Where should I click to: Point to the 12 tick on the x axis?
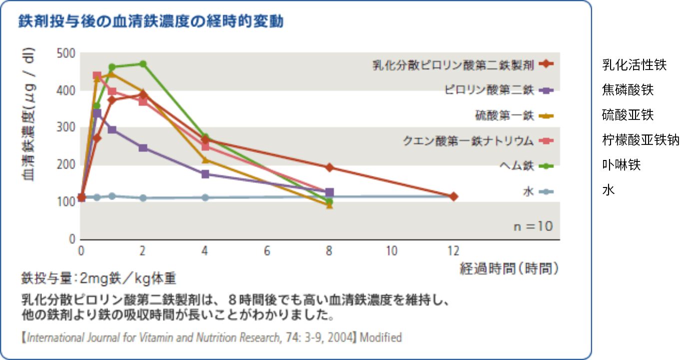(x=453, y=250)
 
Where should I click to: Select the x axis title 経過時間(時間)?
(x=509, y=269)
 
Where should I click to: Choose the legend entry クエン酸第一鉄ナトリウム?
(x=469, y=141)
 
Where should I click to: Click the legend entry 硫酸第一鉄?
(x=505, y=116)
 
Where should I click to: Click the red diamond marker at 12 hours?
(x=453, y=196)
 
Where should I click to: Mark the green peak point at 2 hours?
(x=143, y=64)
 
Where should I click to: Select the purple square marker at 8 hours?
(x=329, y=192)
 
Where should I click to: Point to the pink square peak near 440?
(x=97, y=75)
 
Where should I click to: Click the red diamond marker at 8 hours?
(x=329, y=167)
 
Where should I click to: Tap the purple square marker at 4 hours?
(x=205, y=174)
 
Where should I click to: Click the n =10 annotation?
(x=533, y=226)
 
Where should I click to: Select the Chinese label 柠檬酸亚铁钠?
(x=641, y=140)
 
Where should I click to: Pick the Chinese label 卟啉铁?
(x=621, y=165)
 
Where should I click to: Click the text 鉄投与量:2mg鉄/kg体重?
(x=99, y=278)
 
